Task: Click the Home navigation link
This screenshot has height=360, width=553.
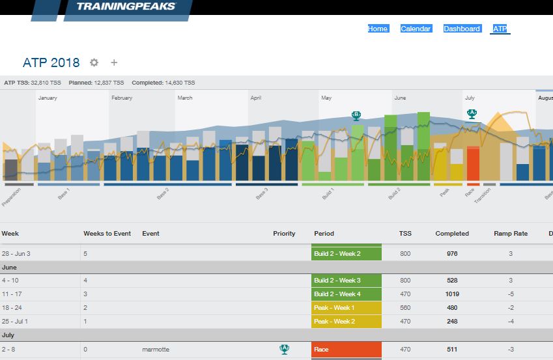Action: pyautogui.click(x=378, y=29)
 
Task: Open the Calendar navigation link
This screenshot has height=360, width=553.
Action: pyautogui.click(x=416, y=29)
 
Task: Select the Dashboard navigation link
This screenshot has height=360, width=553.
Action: pyautogui.click(x=462, y=29)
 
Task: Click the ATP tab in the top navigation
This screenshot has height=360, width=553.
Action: pyautogui.click(x=500, y=29)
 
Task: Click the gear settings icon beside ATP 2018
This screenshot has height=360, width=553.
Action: pyautogui.click(x=94, y=62)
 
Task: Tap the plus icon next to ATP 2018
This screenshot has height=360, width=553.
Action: pyautogui.click(x=114, y=62)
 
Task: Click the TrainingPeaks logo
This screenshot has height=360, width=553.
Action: pyautogui.click(x=126, y=7)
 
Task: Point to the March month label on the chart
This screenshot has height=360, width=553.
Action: pyautogui.click(x=185, y=98)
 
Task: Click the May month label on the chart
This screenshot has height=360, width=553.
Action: pyautogui.click(x=326, y=98)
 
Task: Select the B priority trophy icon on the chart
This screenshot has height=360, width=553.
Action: pyautogui.click(x=356, y=115)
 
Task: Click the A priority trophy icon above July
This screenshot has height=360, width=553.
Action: pyautogui.click(x=472, y=113)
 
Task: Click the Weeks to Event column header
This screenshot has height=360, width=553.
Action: pyautogui.click(x=107, y=233)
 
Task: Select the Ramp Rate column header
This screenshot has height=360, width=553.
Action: pyautogui.click(x=511, y=233)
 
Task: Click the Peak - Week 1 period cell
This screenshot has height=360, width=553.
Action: pyautogui.click(x=345, y=308)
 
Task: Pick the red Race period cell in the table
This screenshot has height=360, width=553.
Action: pyautogui.click(x=345, y=350)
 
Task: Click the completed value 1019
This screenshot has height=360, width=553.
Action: pyautogui.click(x=452, y=294)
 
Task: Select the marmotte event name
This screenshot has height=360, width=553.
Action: pyautogui.click(x=156, y=350)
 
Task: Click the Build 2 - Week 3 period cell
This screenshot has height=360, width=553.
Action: pyautogui.click(x=345, y=281)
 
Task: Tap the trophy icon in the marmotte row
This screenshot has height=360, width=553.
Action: pyautogui.click(x=284, y=349)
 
